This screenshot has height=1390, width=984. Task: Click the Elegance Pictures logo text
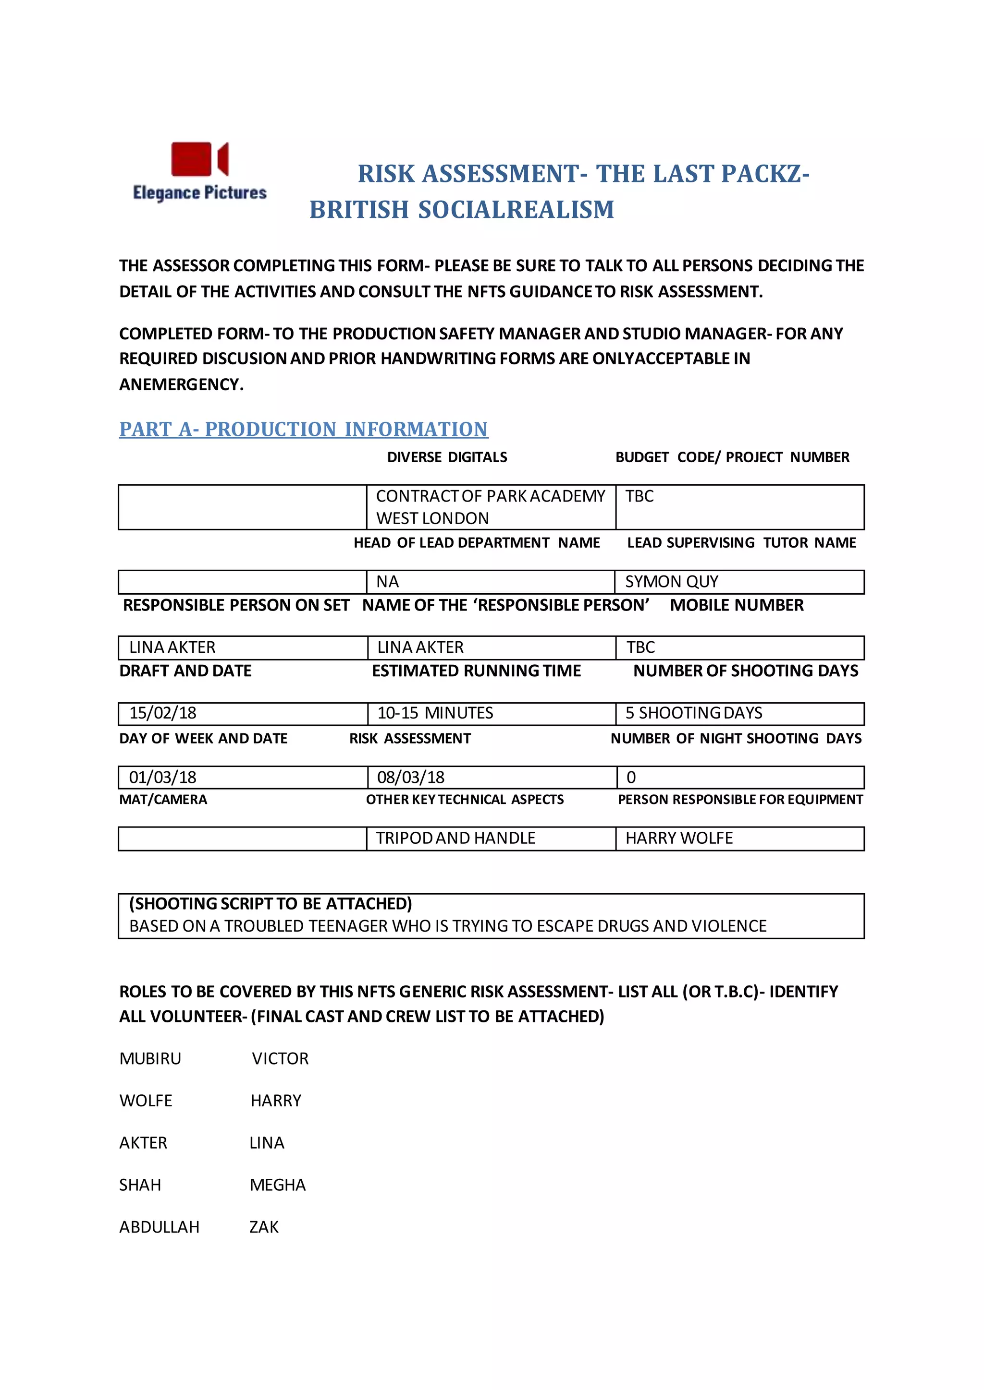(x=199, y=192)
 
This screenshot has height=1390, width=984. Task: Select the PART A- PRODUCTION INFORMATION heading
(x=303, y=429)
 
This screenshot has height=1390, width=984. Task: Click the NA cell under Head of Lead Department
(x=490, y=582)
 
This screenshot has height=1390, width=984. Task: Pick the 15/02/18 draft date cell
(x=242, y=713)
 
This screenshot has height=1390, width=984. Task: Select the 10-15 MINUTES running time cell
(x=491, y=713)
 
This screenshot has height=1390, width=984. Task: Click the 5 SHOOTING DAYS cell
(x=739, y=713)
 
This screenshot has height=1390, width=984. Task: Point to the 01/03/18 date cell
(x=242, y=778)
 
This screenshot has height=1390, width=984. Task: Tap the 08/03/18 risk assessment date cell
(x=491, y=778)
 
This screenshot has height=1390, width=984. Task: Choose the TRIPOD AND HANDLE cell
(x=490, y=839)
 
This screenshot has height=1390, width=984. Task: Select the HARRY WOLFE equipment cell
(x=739, y=839)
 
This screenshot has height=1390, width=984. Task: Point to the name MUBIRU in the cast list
(x=150, y=1059)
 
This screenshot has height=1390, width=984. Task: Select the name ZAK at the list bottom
(x=264, y=1227)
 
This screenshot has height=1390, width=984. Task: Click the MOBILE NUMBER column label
(x=736, y=605)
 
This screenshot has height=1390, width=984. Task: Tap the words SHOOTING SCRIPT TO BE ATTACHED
(x=270, y=904)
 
